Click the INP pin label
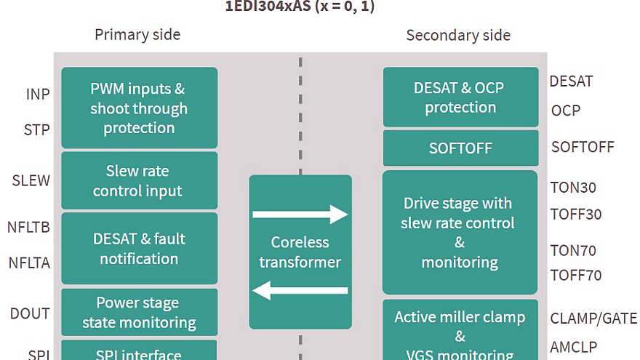pos(38,95)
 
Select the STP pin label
pos(37,130)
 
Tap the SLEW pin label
pos(31,180)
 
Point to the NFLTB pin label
pos(28,228)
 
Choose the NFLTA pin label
pos(28,263)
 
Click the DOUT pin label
pos(30,313)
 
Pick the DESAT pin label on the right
pos(571,81)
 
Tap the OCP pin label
pos(566,111)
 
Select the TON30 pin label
pos(573,188)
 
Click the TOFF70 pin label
pos(576,276)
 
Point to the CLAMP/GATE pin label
pos(593,319)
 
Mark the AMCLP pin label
pos(574,348)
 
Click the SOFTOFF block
pos(460,148)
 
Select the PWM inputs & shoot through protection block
pos(139,108)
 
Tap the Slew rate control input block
pos(139,181)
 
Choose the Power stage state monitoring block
pos(139,313)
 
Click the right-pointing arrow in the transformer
pos(300,215)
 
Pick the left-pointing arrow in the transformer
pos(300,291)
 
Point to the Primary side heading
pos(137,35)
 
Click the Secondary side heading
pos(458,35)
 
